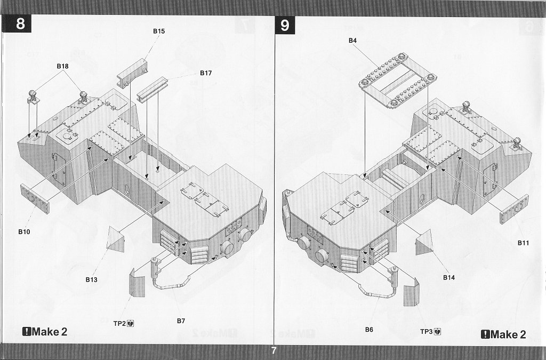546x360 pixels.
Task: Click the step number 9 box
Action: coord(285,26)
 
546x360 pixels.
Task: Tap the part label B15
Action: coord(159,31)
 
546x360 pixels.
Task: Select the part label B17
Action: coord(206,73)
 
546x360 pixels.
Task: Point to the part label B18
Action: coord(63,66)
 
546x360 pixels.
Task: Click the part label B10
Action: coord(24,232)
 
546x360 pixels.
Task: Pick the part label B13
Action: coord(91,279)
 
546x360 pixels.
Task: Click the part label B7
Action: coord(181,321)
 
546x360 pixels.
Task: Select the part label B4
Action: coord(353,41)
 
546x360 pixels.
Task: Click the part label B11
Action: coord(523,243)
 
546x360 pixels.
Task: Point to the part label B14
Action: coord(449,277)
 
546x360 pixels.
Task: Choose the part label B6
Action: coord(369,330)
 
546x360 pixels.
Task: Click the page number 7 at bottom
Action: coord(274,350)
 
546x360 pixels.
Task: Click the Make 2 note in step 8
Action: coord(45,332)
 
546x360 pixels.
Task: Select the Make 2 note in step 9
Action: coord(503,334)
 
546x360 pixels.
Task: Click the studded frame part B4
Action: coord(398,81)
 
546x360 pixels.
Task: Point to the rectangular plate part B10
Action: coord(35,199)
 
